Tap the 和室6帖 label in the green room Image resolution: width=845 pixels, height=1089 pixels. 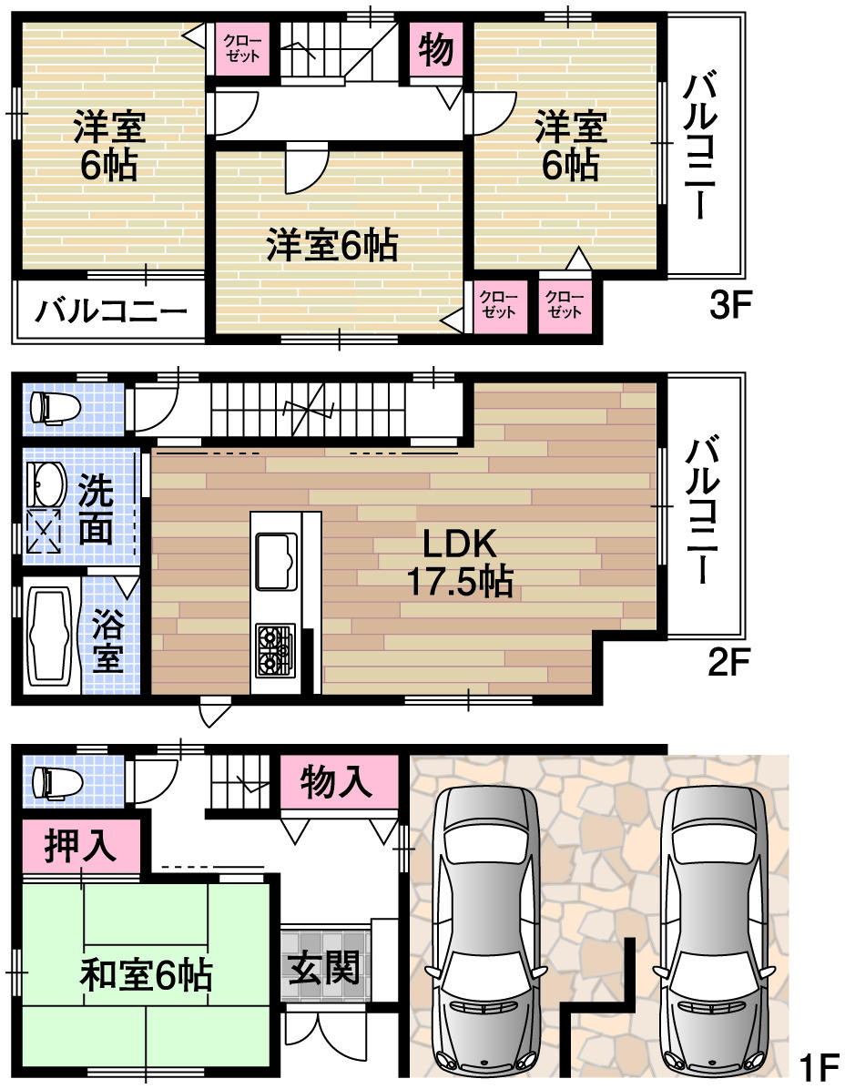tap(146, 975)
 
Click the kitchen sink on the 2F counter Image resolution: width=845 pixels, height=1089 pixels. tap(277, 560)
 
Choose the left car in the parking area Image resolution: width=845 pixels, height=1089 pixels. tap(487, 929)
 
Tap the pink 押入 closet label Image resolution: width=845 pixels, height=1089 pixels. tap(81, 844)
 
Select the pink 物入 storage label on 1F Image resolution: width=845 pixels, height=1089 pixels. tap(337, 781)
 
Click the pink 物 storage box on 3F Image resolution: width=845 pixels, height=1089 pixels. tap(436, 51)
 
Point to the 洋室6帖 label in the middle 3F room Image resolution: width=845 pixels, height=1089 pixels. tap(331, 246)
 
